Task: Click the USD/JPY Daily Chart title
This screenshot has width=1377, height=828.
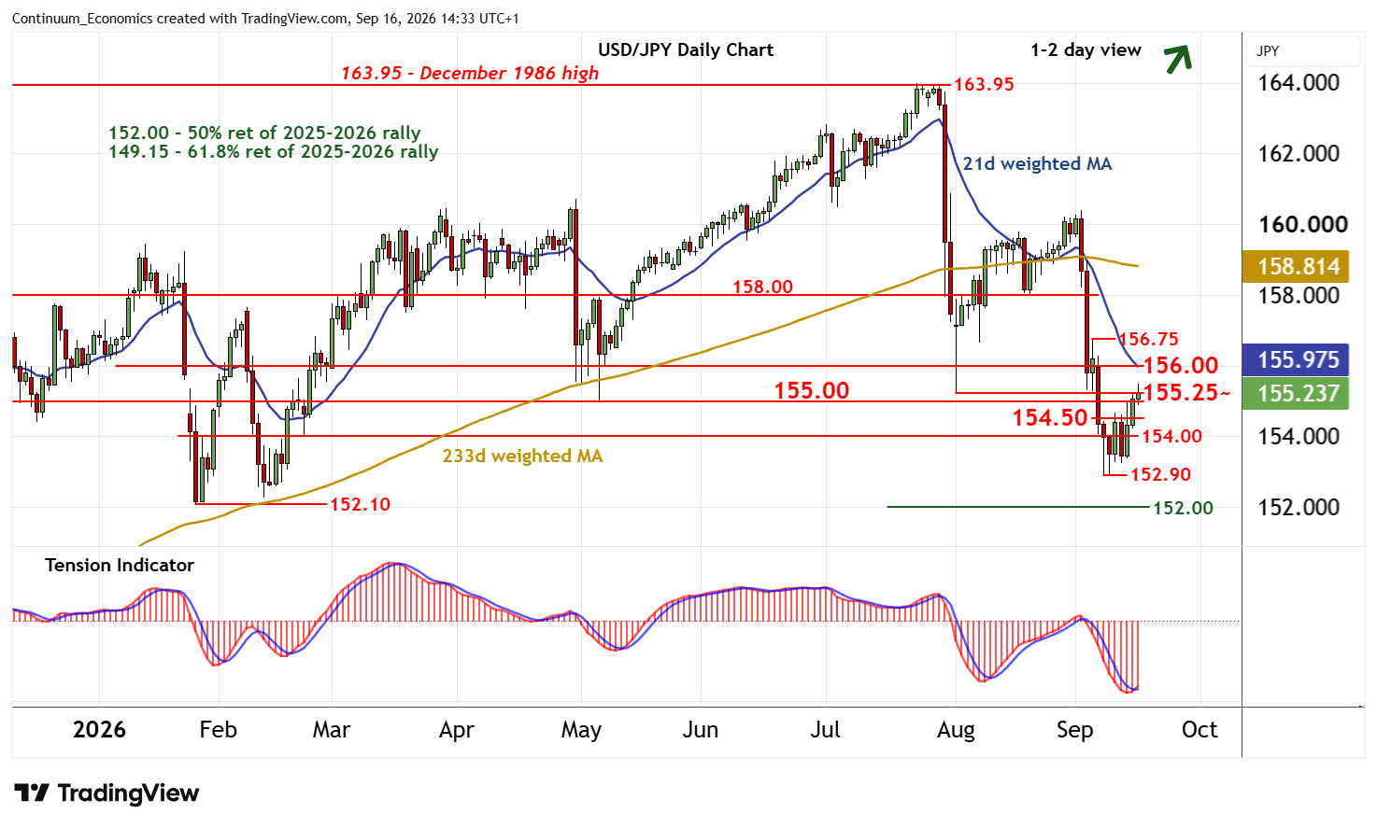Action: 686,49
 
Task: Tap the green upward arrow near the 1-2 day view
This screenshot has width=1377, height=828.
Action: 1178,60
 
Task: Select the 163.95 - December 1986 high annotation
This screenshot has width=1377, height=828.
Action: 470,73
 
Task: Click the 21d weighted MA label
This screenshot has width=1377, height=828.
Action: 1037,164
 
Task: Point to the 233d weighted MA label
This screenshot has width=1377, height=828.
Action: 522,456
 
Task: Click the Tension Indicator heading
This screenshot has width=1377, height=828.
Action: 120,565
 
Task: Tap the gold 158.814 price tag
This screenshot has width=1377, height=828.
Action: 1296,267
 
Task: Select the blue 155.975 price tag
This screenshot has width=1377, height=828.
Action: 1296,359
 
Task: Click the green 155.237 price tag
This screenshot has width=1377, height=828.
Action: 1296,393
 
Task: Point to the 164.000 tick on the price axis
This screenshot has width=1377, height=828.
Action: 1299,83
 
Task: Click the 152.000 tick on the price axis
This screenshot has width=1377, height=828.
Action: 1299,508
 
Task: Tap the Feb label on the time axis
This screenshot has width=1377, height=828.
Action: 219,730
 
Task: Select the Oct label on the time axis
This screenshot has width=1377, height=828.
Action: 1200,730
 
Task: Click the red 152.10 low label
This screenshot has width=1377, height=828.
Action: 361,504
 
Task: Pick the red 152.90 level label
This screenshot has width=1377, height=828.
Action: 1161,474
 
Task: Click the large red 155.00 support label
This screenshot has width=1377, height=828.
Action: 812,390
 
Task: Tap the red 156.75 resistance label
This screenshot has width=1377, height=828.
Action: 1148,339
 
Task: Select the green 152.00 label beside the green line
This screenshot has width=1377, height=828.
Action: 1183,508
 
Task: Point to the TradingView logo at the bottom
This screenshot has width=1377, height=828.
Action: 106,793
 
